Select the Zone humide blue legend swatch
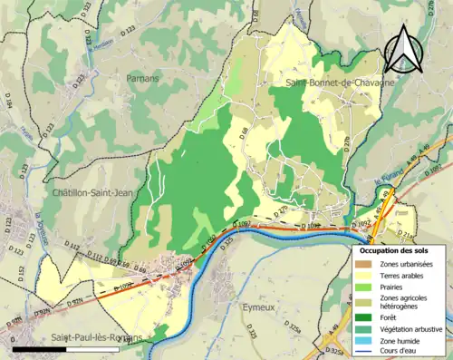[x=362, y=342]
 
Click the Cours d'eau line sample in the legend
[x=362, y=353]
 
